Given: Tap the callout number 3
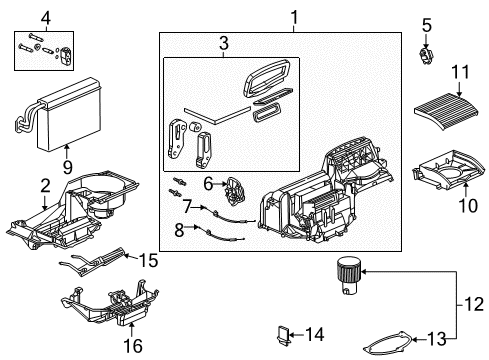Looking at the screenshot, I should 224,45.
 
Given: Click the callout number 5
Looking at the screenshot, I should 426,24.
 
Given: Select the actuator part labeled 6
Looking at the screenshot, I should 237,188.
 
